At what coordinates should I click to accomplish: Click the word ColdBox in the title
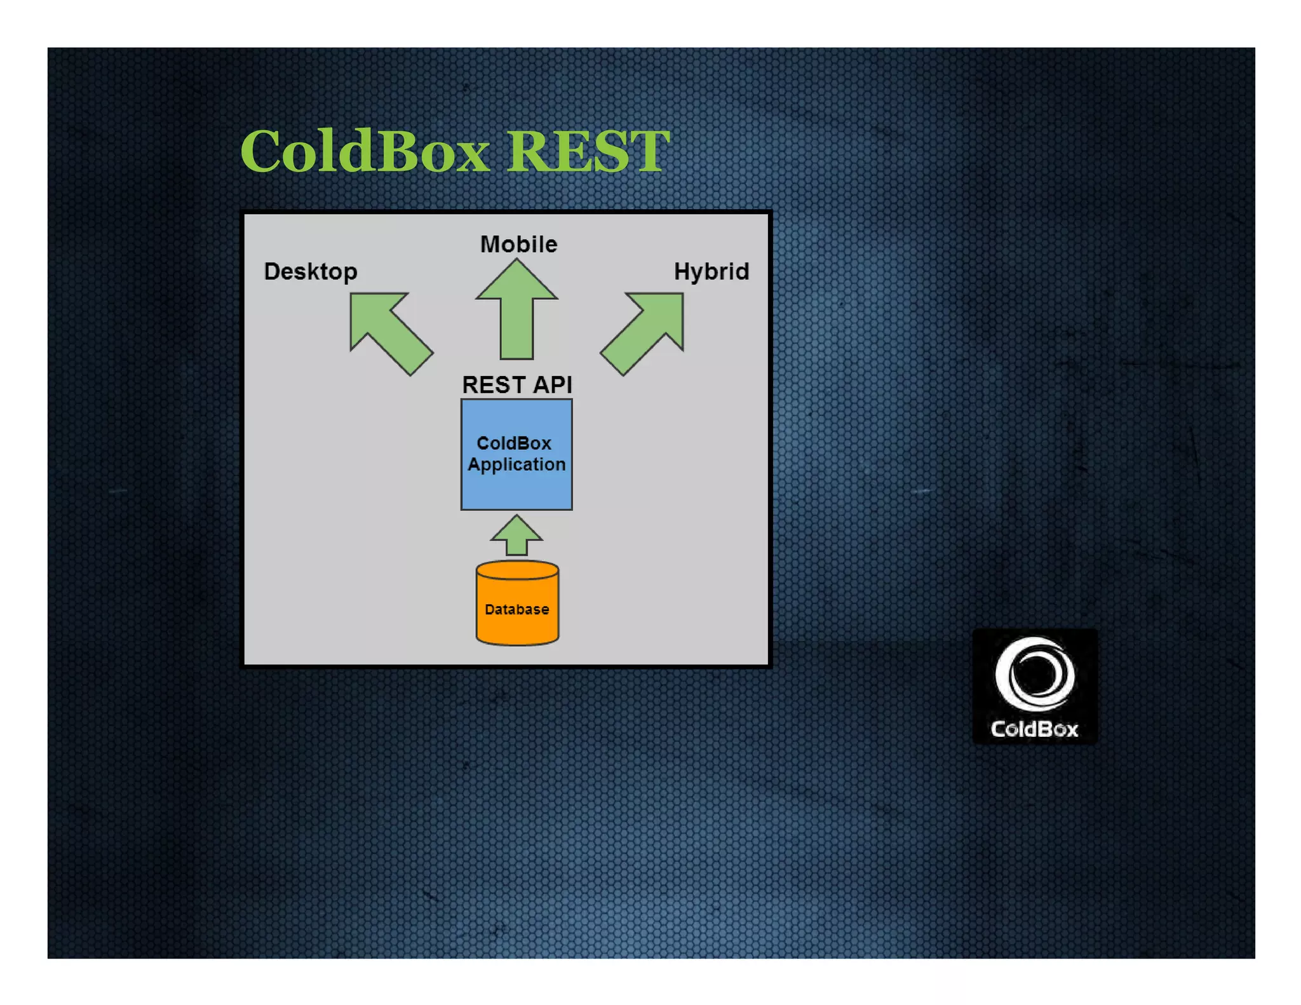click(x=365, y=151)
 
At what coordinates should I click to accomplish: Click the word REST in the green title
click(x=588, y=151)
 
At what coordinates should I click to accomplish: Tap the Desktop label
click(x=311, y=272)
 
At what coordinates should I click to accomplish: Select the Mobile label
click(x=518, y=245)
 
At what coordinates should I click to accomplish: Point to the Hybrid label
click(x=711, y=272)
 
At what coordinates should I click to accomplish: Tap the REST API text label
click(x=516, y=384)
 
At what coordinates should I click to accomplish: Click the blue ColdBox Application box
click(x=516, y=489)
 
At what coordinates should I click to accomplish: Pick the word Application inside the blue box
click(x=516, y=464)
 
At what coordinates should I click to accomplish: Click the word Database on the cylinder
click(x=516, y=609)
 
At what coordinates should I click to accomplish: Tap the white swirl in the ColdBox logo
click(x=1034, y=673)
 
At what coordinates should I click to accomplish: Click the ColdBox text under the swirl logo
click(x=1034, y=729)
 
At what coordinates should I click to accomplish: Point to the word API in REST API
click(x=552, y=384)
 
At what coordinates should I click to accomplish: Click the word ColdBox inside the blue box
click(x=513, y=443)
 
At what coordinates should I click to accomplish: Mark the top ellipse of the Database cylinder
click(x=517, y=570)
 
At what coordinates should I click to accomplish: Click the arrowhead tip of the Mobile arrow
click(x=516, y=264)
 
